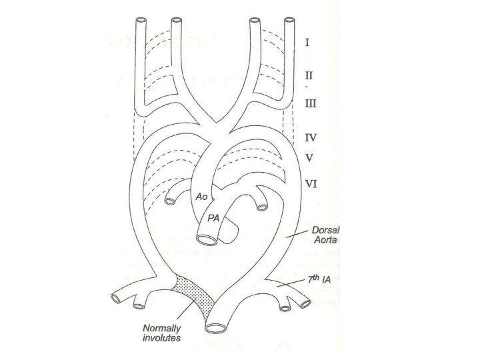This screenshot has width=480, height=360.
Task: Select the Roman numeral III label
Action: pos(311,103)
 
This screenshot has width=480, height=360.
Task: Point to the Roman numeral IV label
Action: pos(311,138)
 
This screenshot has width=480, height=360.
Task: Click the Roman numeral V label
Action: pos(309,159)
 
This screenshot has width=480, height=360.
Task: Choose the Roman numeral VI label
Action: pos(311,182)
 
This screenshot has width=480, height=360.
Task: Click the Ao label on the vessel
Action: pos(201,197)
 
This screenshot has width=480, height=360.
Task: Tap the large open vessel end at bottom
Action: pos(217,327)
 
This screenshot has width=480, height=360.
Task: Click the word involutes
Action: pos(161,339)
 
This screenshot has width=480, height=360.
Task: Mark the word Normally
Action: pos(161,328)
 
